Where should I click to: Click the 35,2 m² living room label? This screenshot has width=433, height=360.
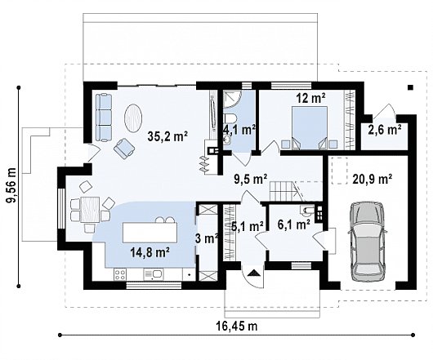(x=167, y=136)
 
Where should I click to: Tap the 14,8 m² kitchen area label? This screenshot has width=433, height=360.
(x=150, y=252)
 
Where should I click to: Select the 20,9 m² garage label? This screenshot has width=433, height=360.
(x=373, y=180)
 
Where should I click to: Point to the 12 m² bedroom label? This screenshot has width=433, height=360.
(x=310, y=98)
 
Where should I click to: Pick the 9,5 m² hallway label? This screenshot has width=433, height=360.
(x=250, y=180)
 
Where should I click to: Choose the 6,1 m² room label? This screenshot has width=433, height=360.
(x=294, y=225)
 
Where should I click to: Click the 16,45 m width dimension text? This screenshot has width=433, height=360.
(x=237, y=326)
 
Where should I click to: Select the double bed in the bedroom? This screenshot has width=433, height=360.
(x=310, y=128)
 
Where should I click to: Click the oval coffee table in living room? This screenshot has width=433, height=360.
(x=134, y=118)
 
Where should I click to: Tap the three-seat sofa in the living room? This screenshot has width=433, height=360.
(x=104, y=118)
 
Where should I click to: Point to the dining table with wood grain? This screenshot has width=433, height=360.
(x=90, y=209)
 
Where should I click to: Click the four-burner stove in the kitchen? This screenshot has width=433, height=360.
(x=120, y=275)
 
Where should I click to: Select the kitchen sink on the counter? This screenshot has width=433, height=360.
(x=153, y=275)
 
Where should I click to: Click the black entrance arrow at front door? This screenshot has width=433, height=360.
(x=253, y=273)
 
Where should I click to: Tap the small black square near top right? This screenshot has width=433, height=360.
(x=411, y=87)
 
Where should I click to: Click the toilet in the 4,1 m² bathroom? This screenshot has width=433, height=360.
(x=230, y=118)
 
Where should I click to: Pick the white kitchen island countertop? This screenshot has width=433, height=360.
(x=150, y=233)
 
